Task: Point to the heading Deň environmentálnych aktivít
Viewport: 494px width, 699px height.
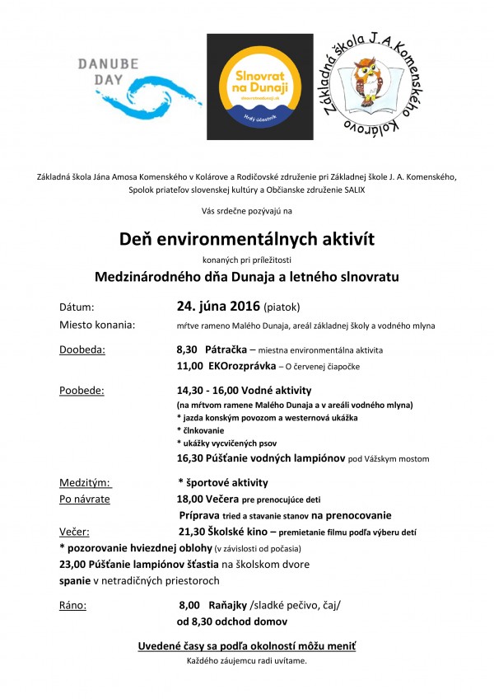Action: [x=246, y=239]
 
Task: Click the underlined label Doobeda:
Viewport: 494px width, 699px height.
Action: [x=82, y=349]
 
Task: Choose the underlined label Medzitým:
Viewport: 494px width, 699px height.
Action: [x=86, y=482]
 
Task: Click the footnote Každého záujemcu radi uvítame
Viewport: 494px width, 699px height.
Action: [x=247, y=661]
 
